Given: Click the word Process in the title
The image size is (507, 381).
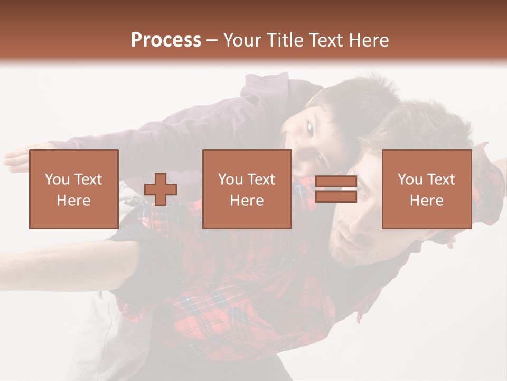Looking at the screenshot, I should tap(166, 40).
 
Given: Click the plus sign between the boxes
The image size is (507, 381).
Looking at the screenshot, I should tap(161, 189).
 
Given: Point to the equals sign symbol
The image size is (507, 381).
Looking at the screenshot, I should tap(336, 189).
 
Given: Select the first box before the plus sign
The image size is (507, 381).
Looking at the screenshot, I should tap(74, 189).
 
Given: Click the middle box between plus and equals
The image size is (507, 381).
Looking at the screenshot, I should tap(247, 189).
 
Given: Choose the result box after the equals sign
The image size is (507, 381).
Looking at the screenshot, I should tap(427, 189).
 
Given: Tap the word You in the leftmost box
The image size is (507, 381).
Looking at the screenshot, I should tap(57, 179).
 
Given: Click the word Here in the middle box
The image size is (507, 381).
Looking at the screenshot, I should tap(247, 201).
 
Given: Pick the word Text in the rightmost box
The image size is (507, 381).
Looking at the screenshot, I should tap(442, 179).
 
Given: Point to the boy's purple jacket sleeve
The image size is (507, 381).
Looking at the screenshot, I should tap(174, 127).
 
